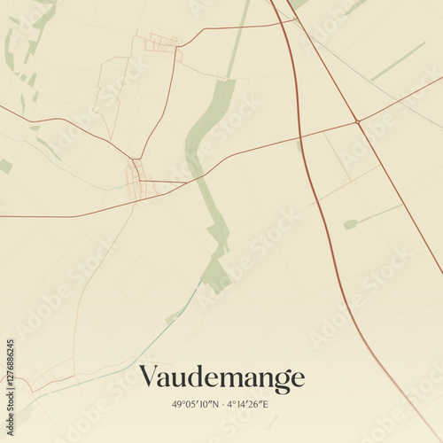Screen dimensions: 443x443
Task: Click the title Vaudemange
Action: pyautogui.click(x=221, y=378)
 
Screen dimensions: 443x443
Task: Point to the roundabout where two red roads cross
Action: pyautogui.click(x=356, y=120)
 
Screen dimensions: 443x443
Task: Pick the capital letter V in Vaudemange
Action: pyautogui.click(x=149, y=378)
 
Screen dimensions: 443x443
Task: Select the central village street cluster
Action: pyautogui.click(x=134, y=177)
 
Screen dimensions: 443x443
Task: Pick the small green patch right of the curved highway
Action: pyautogui.click(x=350, y=224)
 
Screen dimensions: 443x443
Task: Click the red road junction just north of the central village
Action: pyautogui.click(x=136, y=159)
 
